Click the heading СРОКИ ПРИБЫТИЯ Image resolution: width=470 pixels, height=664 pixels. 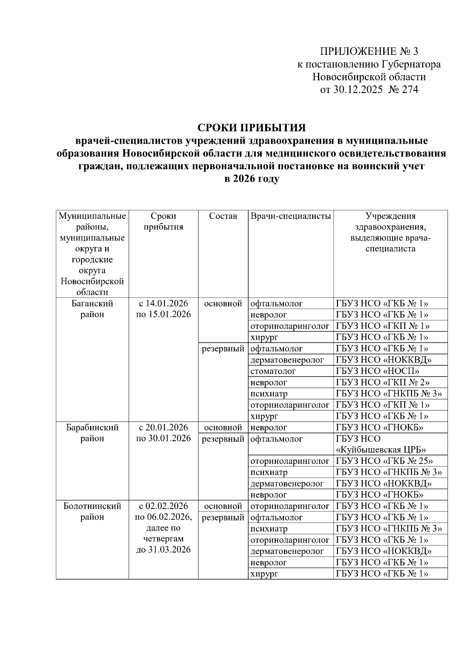tap(251, 128)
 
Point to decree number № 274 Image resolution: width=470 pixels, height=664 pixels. tap(403, 90)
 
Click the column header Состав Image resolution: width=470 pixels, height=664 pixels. tap(223, 216)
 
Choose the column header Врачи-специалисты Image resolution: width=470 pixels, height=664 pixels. tap(291, 216)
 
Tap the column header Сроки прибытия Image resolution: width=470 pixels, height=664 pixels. tap(163, 222)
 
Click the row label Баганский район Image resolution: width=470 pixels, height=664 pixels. tap(92, 309)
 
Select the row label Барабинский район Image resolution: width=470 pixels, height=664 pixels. tap(92, 433)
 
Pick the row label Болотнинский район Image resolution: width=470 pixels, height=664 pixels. tap(92, 511)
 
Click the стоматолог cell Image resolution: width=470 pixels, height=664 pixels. tap(273, 371)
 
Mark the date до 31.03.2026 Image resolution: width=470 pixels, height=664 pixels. tap(163, 550)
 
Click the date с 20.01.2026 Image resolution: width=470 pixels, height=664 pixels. tap(163, 427)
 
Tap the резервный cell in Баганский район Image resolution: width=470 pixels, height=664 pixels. tap(223, 348)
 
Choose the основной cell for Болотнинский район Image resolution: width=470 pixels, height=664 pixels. tap(223, 506)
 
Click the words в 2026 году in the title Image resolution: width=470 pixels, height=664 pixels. tap(251, 179)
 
